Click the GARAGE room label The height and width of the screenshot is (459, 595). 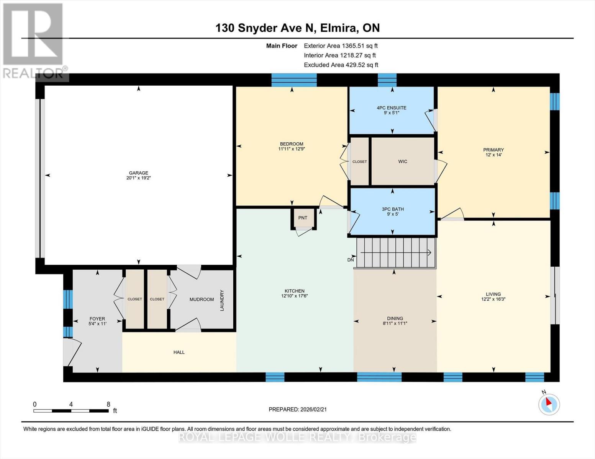coord(139,173)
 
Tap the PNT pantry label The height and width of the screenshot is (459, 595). coord(303,218)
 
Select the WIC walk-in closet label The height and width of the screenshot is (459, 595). coord(403,161)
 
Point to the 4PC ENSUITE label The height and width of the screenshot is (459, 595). coord(391,108)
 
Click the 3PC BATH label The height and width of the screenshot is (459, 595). coord(393,209)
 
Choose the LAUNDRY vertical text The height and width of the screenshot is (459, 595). coord(222,300)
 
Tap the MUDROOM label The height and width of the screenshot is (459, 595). coord(202,299)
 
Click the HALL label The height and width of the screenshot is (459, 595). coord(179,352)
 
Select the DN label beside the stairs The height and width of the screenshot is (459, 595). coord(351,260)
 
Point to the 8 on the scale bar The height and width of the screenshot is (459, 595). coord(108,404)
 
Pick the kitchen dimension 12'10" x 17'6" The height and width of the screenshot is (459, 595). coord(295,296)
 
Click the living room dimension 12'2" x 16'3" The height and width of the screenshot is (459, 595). coord(493,299)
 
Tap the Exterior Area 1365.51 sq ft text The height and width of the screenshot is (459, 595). coord(341,46)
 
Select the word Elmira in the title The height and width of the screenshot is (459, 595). coord(339,28)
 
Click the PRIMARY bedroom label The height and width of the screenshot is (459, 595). coord(493,150)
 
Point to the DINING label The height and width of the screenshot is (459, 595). coord(395,319)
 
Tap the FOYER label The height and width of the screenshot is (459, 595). coord(97,319)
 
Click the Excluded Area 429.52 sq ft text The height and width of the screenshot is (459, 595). coord(341,65)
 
